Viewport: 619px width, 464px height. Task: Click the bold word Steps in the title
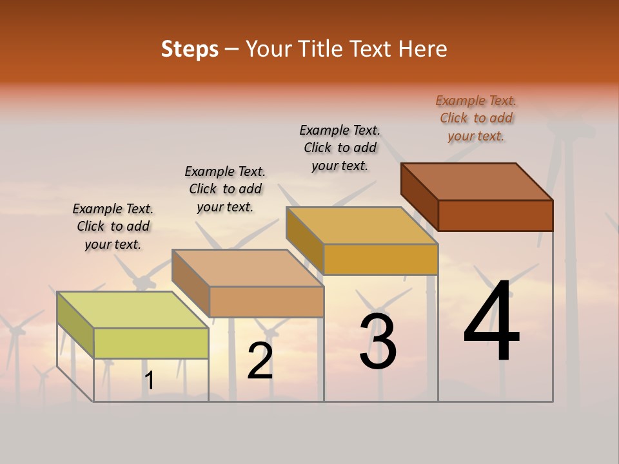click(x=190, y=49)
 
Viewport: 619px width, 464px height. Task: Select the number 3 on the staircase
click(x=378, y=341)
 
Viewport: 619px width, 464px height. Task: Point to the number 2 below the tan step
click(x=260, y=360)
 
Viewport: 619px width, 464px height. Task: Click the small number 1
click(x=149, y=381)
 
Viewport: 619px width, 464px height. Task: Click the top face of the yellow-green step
click(x=132, y=310)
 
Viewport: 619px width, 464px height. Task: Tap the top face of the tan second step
click(x=247, y=268)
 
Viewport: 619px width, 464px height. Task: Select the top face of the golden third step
click(x=362, y=226)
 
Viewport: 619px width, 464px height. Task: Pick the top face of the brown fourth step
click(x=477, y=182)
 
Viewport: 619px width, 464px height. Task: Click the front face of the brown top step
click(x=495, y=215)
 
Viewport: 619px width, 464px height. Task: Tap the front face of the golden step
click(x=380, y=259)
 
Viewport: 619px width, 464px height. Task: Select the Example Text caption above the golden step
click(x=340, y=148)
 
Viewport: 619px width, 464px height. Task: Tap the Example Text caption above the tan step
click(x=225, y=189)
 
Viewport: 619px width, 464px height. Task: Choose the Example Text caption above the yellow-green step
click(x=113, y=226)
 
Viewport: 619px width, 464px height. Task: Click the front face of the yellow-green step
click(x=151, y=343)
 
